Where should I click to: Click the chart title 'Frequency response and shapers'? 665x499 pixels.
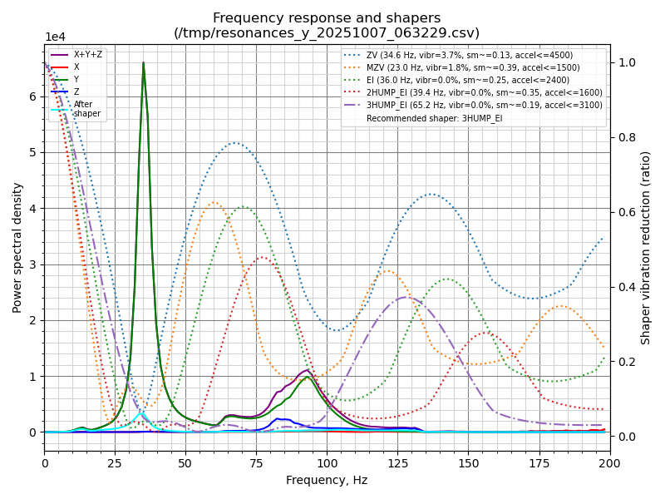pyautogui.click(x=327, y=18)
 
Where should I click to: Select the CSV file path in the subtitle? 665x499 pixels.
pyautogui.click(x=327, y=33)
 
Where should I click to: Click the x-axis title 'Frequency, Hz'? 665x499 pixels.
pyautogui.click(x=327, y=480)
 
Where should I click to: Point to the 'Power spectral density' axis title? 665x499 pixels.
pyautogui.click(x=17, y=247)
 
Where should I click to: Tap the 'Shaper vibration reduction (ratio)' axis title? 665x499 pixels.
pyautogui.click(x=646, y=247)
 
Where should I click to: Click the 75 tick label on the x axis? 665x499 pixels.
pyautogui.click(x=256, y=462)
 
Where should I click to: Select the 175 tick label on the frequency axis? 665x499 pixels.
pyautogui.click(x=539, y=462)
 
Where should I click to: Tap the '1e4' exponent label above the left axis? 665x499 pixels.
pyautogui.click(x=55, y=37)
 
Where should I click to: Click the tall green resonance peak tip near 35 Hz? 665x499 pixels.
pyautogui.click(x=143, y=64)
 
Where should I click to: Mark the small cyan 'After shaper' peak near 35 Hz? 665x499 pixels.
pyautogui.click(x=141, y=413)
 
